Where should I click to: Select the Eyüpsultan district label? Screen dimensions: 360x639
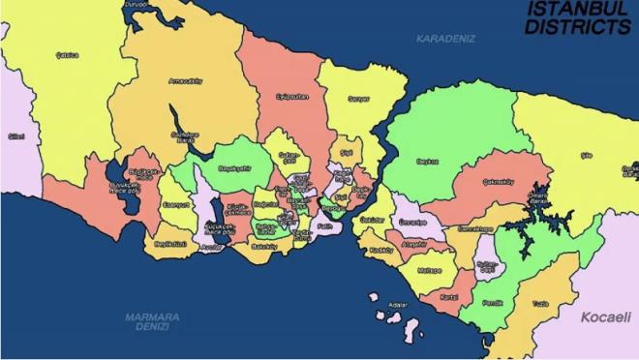coord(289,97)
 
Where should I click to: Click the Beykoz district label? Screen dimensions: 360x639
coord(427,162)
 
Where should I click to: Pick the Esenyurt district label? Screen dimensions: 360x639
coord(176,205)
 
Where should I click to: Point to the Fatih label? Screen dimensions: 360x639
coord(324,226)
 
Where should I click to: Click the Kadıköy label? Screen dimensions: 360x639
coord(380,251)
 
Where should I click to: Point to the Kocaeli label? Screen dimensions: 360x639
coord(606,317)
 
